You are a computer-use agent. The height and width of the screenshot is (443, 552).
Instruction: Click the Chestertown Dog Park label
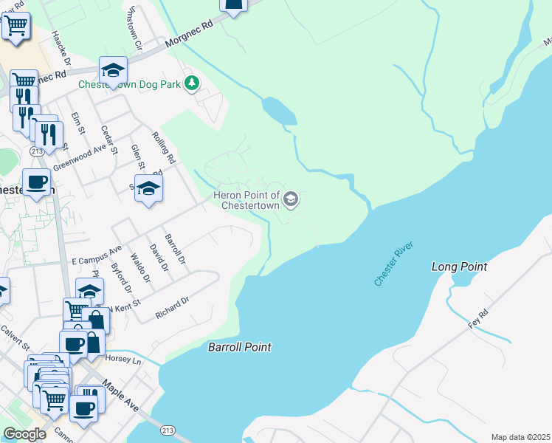tap(130, 84)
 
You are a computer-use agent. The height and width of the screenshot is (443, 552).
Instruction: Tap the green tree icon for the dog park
tap(191, 83)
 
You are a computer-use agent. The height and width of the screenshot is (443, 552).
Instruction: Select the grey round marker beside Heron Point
tap(291, 199)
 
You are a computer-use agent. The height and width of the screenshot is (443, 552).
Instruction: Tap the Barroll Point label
tap(239, 347)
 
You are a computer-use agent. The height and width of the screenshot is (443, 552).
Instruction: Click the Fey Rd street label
tap(479, 320)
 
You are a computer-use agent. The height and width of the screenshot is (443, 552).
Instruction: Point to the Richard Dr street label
tap(173, 309)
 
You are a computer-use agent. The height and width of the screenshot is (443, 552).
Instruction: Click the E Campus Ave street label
tap(97, 256)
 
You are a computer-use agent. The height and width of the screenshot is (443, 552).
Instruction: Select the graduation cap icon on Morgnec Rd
tap(113, 70)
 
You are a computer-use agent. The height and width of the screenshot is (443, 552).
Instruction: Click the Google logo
tap(24, 434)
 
